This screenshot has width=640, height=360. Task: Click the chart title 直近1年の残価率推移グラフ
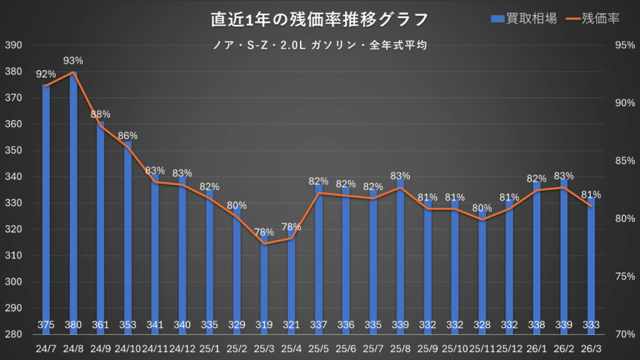[x=319, y=19]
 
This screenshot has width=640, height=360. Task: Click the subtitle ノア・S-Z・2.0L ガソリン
[x=319, y=45]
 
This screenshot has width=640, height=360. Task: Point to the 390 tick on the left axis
[x=14, y=46]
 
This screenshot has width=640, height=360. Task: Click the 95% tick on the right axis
[x=625, y=46]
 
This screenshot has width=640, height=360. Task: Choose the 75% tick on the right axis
[x=625, y=276]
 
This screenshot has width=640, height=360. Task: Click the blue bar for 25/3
[x=264, y=281]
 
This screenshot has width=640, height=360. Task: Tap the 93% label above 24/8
[x=74, y=61]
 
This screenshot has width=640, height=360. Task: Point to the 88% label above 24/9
[x=101, y=114]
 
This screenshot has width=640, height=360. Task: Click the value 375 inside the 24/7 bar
[x=46, y=325]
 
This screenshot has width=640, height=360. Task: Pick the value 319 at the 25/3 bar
[x=264, y=325]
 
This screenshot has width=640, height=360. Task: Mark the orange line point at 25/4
[x=291, y=238]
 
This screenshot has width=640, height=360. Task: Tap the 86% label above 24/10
[x=127, y=136]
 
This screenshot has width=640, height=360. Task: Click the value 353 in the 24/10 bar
[x=127, y=325]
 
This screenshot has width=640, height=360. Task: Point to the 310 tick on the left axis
[x=14, y=256]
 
